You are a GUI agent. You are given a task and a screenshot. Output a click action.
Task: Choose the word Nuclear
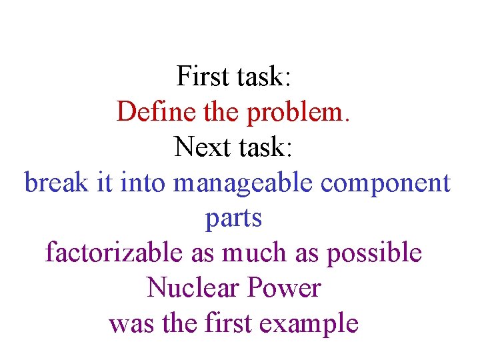193,288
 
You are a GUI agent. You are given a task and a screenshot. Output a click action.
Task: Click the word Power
284,288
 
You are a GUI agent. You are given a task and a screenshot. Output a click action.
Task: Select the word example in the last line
309,324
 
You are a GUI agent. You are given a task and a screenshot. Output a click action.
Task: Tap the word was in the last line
129,324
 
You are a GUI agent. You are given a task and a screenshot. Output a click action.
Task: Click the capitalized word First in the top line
203,76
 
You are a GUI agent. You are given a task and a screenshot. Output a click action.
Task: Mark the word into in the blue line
143,182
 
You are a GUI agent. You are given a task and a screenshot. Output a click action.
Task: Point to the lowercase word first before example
230,323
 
